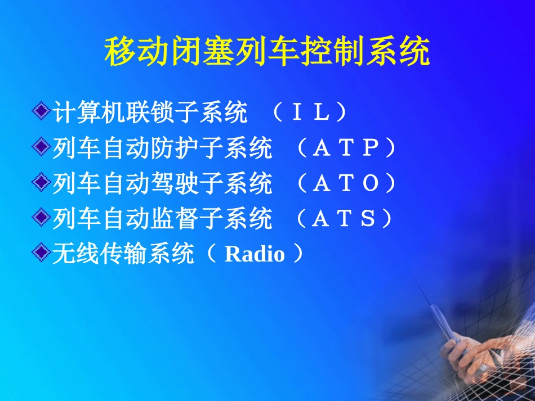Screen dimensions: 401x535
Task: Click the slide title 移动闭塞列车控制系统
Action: [x=267, y=53]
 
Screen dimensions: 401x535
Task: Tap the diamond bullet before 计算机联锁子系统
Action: [x=42, y=112]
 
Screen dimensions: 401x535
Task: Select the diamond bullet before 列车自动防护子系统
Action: [x=42, y=148]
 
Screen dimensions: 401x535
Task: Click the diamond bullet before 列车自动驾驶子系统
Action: [x=42, y=183]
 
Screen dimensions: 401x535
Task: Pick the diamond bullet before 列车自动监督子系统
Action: [x=42, y=218]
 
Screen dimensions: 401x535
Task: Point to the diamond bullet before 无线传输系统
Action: [x=42, y=254]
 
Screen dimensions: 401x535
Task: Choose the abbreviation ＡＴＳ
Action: [x=344, y=219]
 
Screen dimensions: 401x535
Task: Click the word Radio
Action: [x=255, y=255]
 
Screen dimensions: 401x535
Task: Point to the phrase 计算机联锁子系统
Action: [x=150, y=113]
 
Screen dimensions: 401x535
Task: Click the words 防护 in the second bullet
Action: [x=175, y=148]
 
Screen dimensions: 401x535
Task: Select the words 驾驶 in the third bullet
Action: [x=175, y=183]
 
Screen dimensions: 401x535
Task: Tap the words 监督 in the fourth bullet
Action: [x=175, y=219]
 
